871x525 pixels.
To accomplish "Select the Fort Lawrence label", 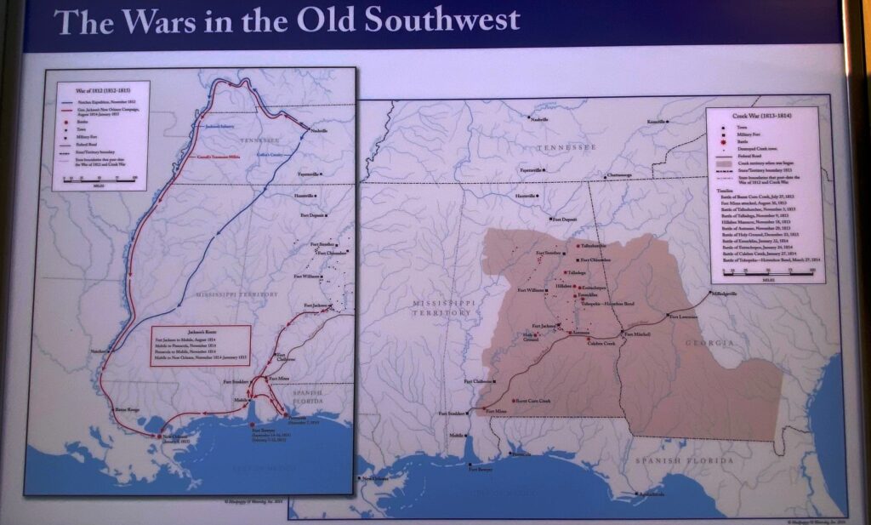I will click(x=684, y=317).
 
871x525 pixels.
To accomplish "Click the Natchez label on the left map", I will click(x=100, y=351).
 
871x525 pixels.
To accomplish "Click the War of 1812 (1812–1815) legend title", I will click(x=89, y=88).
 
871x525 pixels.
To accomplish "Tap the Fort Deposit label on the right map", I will click(x=565, y=220).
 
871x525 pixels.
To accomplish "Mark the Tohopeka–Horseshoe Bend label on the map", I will click(x=608, y=304).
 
